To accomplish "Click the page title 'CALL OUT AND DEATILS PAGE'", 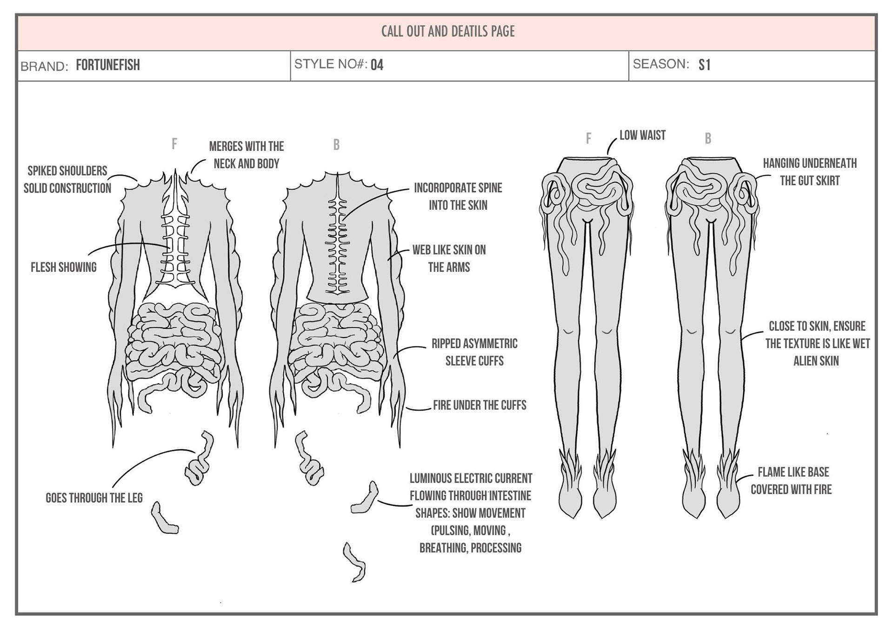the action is (x=448, y=32).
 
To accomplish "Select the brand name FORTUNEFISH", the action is (x=108, y=65).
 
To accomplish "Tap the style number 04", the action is (x=377, y=65).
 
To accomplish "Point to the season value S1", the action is (x=704, y=65).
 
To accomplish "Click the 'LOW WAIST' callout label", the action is (x=642, y=135).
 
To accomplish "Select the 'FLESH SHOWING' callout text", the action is (x=64, y=267).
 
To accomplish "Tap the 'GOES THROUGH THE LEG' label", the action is (x=94, y=498).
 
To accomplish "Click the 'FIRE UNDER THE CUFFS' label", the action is (x=480, y=405).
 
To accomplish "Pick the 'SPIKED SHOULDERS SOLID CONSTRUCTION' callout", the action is (x=67, y=179).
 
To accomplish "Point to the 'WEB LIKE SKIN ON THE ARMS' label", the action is (x=449, y=259).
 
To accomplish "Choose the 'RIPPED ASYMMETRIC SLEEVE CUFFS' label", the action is (x=474, y=352).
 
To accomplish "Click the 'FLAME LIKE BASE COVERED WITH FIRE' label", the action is (x=792, y=481).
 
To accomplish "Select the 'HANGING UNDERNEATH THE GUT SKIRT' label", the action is (x=810, y=172).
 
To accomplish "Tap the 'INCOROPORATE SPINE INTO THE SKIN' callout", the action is (x=458, y=197).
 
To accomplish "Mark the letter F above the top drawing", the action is (x=174, y=144).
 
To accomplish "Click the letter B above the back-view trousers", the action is (x=708, y=139).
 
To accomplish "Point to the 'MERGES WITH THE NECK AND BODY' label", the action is (x=246, y=155).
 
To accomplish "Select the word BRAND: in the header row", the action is (x=44, y=66).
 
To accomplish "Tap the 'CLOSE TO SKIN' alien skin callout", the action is (x=817, y=344).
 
